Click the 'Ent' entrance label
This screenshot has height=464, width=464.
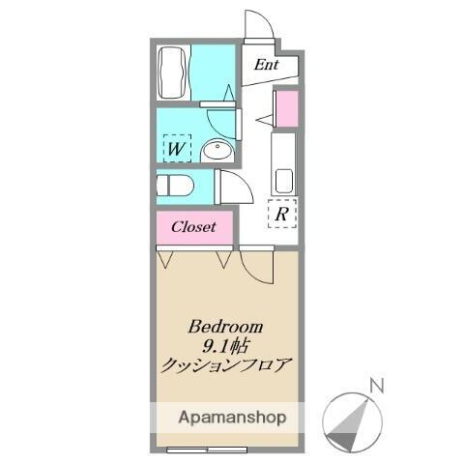click(267, 66)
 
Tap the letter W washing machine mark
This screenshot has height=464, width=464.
click(176, 149)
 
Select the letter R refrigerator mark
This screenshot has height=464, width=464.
click(280, 214)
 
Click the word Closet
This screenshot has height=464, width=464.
click(195, 228)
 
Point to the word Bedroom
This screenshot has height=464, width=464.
click(226, 326)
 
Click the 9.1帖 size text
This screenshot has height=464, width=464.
click(226, 345)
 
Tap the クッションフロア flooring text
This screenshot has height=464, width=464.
click(226, 364)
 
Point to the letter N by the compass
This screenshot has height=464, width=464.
click(378, 387)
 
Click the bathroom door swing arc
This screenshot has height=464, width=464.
click(223, 119)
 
